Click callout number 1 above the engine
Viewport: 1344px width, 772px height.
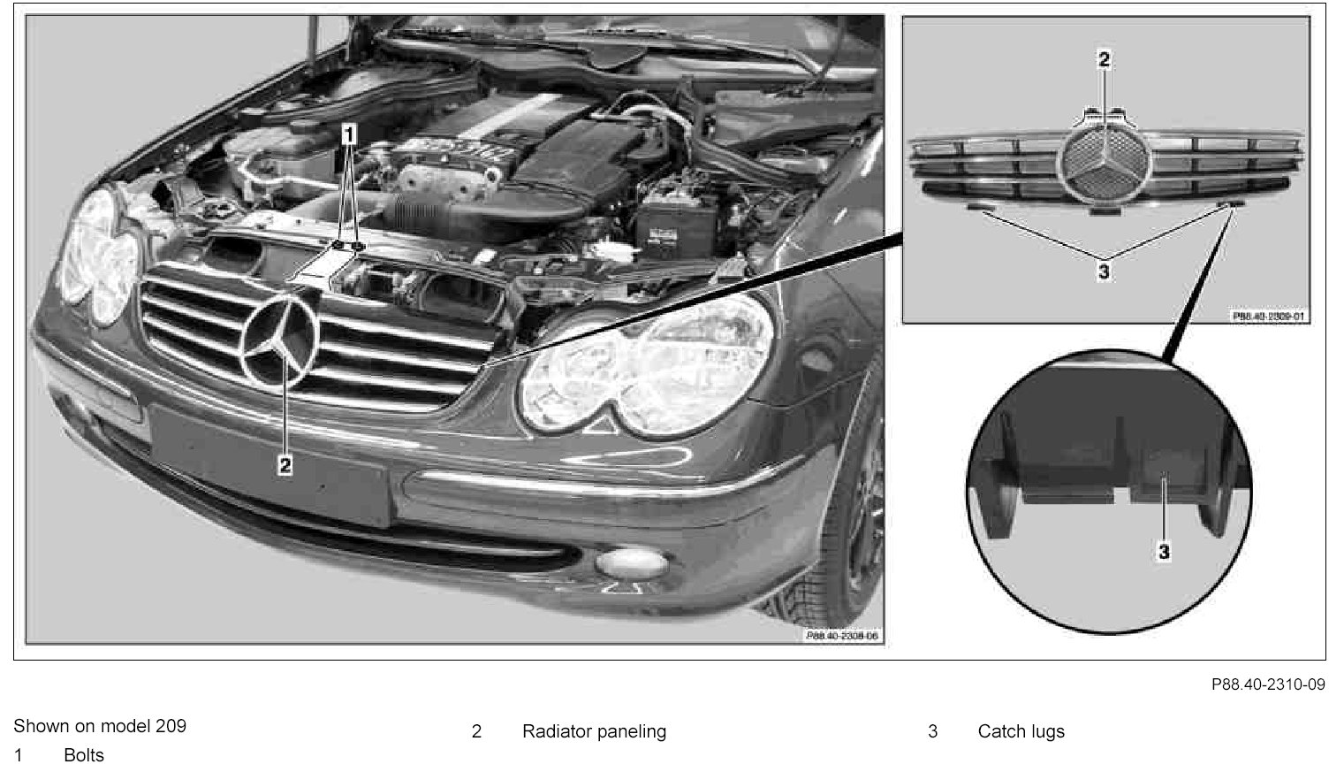349,134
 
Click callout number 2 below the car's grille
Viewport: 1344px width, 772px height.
285,464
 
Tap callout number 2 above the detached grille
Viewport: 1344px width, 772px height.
1104,59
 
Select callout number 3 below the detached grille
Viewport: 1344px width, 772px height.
1104,271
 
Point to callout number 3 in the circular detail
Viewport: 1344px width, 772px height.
1164,551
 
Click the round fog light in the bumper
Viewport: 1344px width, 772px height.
631,562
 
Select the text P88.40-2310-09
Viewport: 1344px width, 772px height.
1268,684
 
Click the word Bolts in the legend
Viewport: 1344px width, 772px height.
84,754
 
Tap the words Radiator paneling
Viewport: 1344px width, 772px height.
594,731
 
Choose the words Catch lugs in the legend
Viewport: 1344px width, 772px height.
1021,731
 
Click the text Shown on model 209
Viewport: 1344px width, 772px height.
100,726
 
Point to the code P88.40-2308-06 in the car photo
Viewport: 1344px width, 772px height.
842,636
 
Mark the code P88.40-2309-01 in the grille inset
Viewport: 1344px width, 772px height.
1269,315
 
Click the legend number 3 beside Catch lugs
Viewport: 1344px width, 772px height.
932,731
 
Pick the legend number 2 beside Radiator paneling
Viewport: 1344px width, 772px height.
476,731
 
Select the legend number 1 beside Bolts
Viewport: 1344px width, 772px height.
18,754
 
